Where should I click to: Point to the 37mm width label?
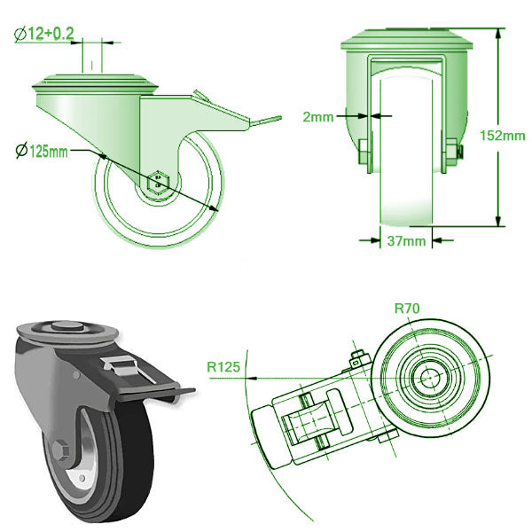tap(407, 240)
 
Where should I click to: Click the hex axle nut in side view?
tap(157, 179)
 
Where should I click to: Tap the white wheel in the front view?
tap(407, 160)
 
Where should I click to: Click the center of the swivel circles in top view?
tap(432, 376)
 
